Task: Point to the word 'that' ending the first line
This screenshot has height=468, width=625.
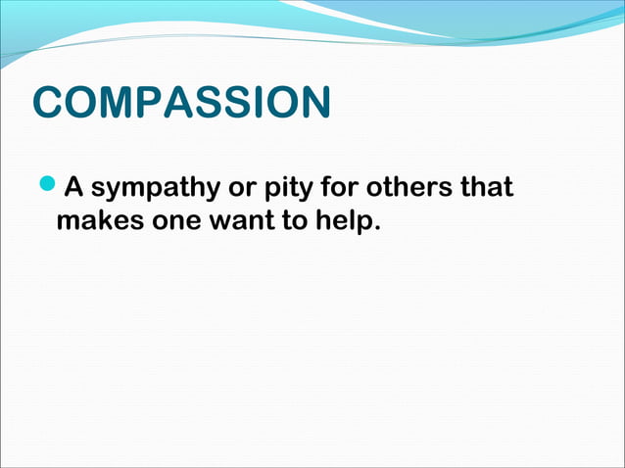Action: click(x=487, y=186)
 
